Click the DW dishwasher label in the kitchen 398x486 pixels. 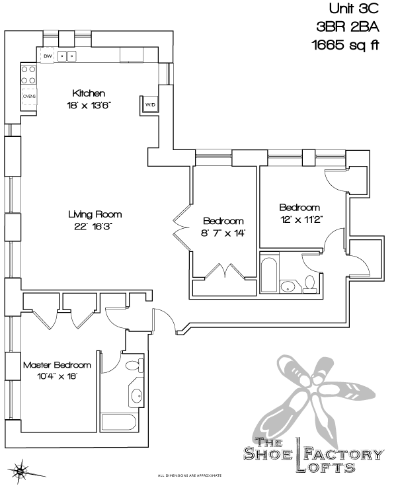tap(48, 56)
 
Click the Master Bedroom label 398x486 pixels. tap(57, 364)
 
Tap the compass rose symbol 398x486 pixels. tap(21, 471)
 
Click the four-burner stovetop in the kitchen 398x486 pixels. tap(29, 74)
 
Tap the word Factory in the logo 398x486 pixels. tap(344, 454)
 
